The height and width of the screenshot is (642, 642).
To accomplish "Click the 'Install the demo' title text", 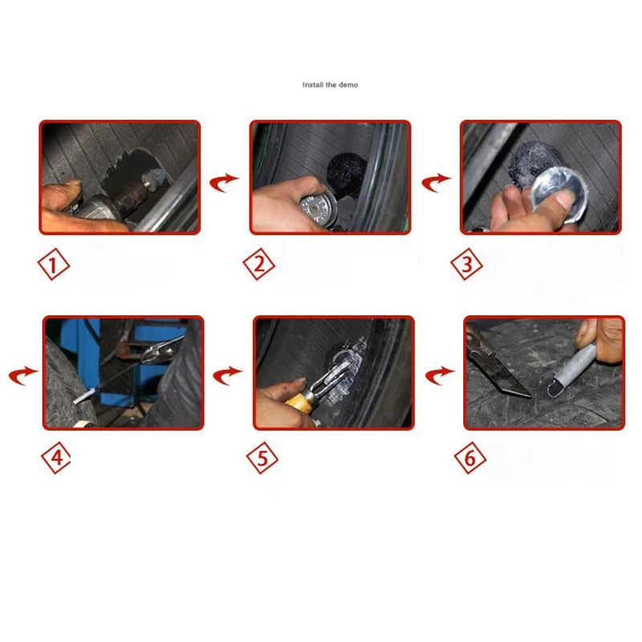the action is [330, 85].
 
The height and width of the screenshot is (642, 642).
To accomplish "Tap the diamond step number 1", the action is [54, 264].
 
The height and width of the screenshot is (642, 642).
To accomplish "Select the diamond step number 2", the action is [258, 264].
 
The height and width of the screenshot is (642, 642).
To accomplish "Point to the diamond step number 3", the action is [467, 264].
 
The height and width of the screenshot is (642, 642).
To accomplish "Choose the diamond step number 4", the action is [56, 457].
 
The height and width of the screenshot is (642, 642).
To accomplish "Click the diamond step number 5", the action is [262, 457].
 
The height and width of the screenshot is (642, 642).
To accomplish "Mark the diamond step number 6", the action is [470, 457].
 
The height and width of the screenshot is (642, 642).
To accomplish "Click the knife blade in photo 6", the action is [502, 372].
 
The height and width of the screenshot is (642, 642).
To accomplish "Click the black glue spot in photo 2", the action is [347, 170].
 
